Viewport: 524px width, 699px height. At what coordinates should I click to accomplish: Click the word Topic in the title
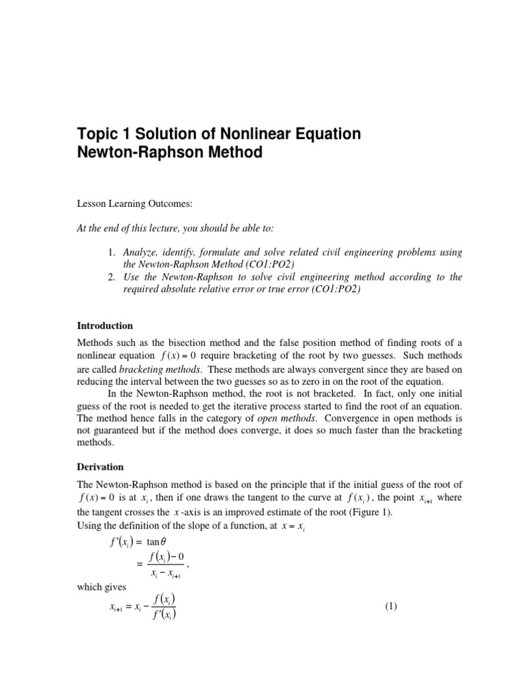coord(100,134)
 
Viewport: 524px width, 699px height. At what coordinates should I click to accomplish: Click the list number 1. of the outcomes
coord(113,253)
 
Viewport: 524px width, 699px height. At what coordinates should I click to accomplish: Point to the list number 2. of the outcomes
coord(113,277)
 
